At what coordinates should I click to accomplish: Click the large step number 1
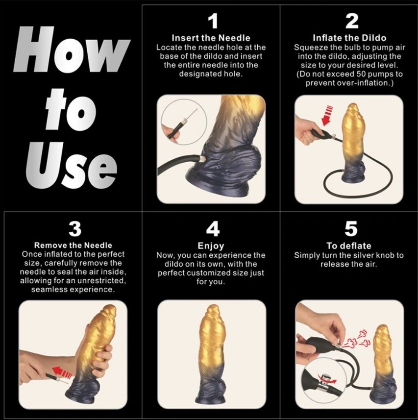[213, 21]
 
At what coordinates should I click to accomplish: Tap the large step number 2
[351, 21]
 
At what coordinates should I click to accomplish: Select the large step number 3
[74, 229]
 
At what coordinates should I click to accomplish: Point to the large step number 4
[213, 229]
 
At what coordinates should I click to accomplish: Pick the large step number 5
[351, 229]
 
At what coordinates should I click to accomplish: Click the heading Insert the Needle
[211, 38]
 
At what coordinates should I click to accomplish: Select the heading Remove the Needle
[73, 246]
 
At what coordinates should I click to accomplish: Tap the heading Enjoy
[211, 246]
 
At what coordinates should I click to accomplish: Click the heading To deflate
[349, 246]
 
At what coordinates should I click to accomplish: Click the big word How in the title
[72, 50]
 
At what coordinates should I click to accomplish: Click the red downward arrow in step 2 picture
[327, 116]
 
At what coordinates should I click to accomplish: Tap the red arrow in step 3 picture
[62, 372]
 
